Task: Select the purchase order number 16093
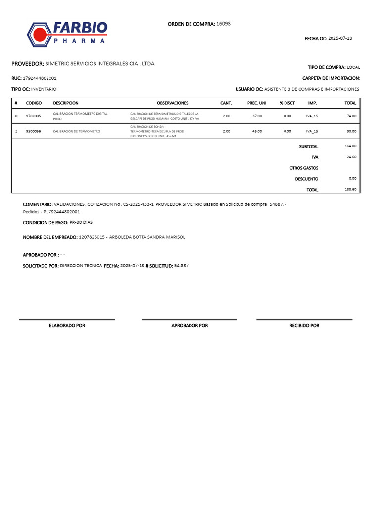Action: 223,24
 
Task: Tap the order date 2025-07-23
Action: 340,38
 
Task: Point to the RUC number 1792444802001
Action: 40,78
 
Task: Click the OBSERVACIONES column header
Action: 172,103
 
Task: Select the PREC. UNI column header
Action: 257,103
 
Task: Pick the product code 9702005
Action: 34,116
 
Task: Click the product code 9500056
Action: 34,131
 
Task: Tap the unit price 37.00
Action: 257,116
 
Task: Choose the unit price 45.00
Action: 257,131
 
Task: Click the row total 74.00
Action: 351,116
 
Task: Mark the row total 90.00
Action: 351,131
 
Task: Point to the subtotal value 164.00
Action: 350,146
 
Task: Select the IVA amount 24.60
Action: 351,157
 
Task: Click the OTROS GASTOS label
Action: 304,168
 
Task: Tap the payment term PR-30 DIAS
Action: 81,223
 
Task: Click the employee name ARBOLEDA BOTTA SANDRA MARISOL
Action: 147,237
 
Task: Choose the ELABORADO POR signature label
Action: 67,326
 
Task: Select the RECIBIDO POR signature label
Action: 304,326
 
